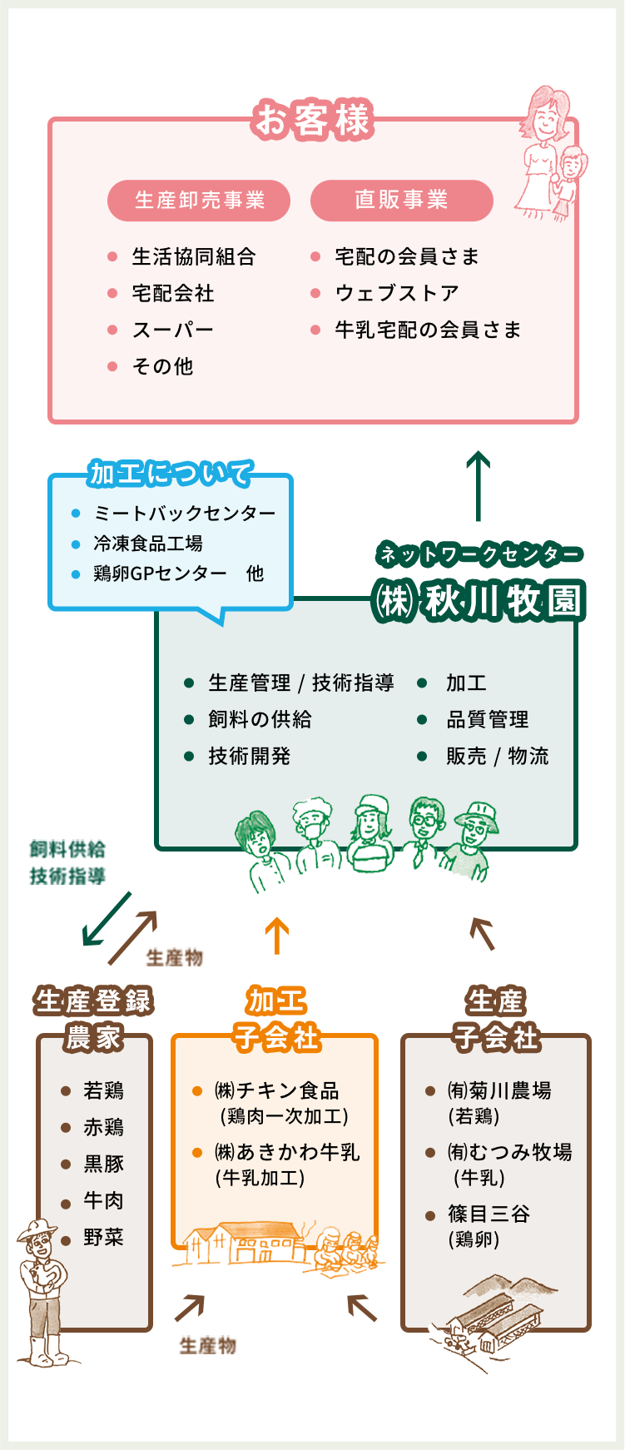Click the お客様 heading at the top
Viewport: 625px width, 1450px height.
click(x=312, y=120)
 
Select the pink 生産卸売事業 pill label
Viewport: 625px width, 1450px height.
click(x=199, y=201)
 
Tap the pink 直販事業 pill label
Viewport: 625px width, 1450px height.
click(x=401, y=201)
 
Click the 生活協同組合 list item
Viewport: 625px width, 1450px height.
click(x=193, y=257)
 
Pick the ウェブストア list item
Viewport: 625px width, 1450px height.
click(x=397, y=294)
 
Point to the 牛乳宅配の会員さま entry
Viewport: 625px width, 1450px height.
click(x=428, y=330)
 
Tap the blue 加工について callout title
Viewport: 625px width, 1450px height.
click(x=171, y=474)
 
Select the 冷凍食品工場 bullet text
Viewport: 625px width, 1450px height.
click(x=148, y=544)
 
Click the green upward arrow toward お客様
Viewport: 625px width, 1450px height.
click(x=478, y=485)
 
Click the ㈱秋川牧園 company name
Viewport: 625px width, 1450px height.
click(x=479, y=602)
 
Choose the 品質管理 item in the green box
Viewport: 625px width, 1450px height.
click(x=487, y=720)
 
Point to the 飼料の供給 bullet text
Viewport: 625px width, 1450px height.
click(x=260, y=720)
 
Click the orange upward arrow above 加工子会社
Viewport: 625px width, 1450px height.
click(x=276, y=936)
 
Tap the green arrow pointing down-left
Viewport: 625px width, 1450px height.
click(x=106, y=920)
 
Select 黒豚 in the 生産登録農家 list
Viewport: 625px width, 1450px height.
click(x=103, y=1164)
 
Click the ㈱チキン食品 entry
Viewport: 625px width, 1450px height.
click(x=277, y=1091)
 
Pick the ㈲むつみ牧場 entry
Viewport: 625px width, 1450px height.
click(x=509, y=1153)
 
